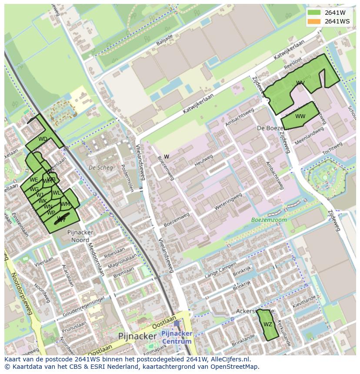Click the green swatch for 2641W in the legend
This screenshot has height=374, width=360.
(x=313, y=13)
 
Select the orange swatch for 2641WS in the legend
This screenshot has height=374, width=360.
(x=313, y=21)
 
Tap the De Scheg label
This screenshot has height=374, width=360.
(x=100, y=168)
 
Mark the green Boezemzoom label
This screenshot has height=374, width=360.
(x=269, y=220)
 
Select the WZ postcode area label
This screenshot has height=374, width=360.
(x=267, y=324)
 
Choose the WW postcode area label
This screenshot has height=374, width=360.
(x=300, y=116)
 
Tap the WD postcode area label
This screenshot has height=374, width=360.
(x=43, y=139)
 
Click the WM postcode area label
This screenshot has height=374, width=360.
(x=65, y=204)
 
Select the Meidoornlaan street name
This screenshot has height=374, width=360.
(x=96, y=258)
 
